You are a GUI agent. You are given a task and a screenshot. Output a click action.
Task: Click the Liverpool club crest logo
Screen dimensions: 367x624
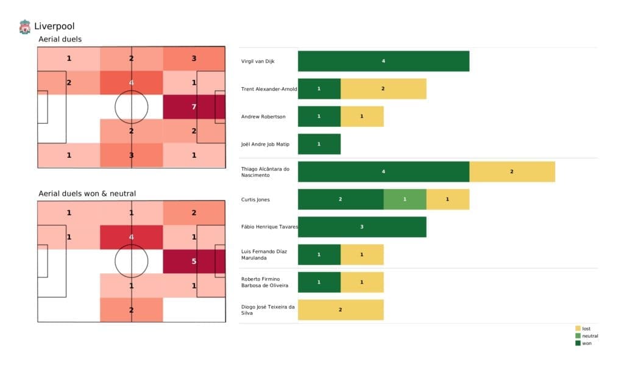(x=24, y=26)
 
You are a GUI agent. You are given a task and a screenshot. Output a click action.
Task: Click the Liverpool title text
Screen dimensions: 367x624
(x=54, y=26)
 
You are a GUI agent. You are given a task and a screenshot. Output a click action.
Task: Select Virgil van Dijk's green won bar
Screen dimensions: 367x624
(x=383, y=61)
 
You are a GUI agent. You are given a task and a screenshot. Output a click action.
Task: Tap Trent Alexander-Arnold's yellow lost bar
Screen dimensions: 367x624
(x=383, y=88)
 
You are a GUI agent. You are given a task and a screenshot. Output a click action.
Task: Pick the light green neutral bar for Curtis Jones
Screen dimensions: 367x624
(x=405, y=199)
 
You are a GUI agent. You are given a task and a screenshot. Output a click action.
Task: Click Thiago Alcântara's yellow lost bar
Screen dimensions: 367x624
(x=512, y=171)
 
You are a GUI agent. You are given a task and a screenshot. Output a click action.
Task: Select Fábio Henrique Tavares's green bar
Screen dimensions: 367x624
(x=362, y=227)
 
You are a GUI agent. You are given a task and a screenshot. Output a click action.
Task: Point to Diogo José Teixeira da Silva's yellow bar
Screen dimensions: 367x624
(x=341, y=310)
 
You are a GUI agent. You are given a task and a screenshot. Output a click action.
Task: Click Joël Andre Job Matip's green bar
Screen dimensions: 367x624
(x=319, y=144)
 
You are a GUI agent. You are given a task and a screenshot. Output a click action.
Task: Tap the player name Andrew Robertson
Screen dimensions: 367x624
(x=264, y=116)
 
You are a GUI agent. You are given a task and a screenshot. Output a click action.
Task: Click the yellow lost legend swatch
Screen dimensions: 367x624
(x=578, y=329)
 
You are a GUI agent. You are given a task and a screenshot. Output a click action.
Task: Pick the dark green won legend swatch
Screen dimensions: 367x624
(x=578, y=343)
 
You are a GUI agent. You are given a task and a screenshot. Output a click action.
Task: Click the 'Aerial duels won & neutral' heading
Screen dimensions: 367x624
(x=87, y=194)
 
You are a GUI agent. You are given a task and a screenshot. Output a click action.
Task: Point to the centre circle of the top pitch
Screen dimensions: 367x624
(x=131, y=107)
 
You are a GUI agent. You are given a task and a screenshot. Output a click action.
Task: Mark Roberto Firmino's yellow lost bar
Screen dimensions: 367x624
(x=362, y=282)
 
